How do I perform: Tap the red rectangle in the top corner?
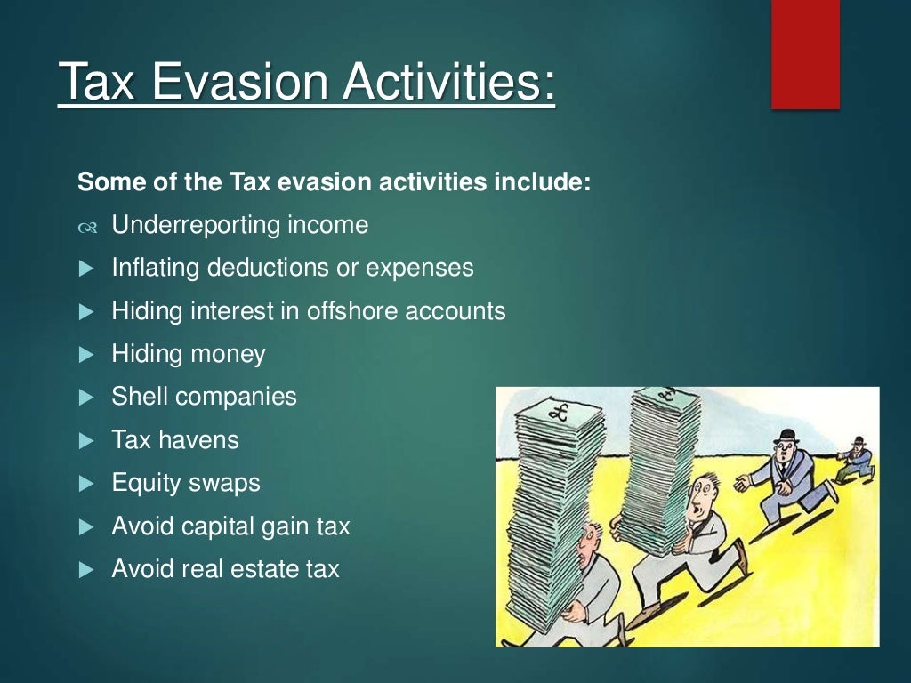(805, 54)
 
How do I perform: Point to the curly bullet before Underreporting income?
(86, 227)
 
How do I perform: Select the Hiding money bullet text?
(188, 354)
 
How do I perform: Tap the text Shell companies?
(204, 397)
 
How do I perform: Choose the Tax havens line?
(174, 439)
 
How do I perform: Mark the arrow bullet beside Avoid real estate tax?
(86, 569)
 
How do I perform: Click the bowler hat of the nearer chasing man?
(785, 436)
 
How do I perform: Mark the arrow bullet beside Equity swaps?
(86, 484)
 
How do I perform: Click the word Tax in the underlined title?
(95, 83)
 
